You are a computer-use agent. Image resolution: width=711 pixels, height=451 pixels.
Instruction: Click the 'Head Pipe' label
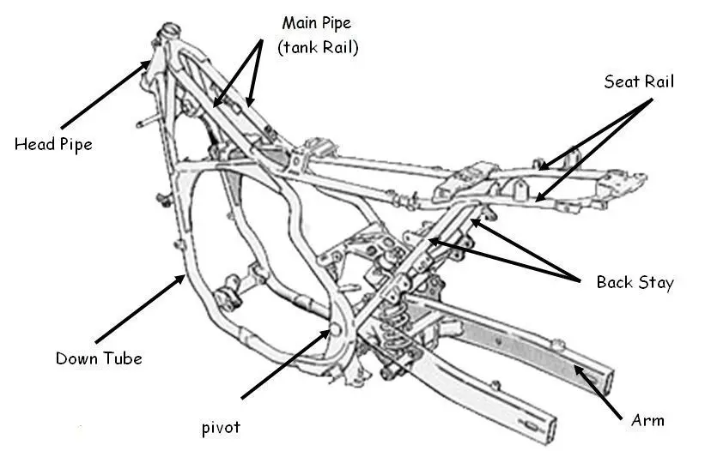(53, 144)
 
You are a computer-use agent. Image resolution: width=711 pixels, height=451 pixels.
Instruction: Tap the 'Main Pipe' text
(317, 22)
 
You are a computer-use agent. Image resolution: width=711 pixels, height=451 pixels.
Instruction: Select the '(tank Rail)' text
(318, 48)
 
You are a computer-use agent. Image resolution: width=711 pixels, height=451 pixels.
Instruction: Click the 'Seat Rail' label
(639, 82)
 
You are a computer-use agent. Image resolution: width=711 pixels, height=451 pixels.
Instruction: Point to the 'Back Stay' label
(635, 282)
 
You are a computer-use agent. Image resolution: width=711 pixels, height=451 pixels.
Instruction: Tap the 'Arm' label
(647, 420)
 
